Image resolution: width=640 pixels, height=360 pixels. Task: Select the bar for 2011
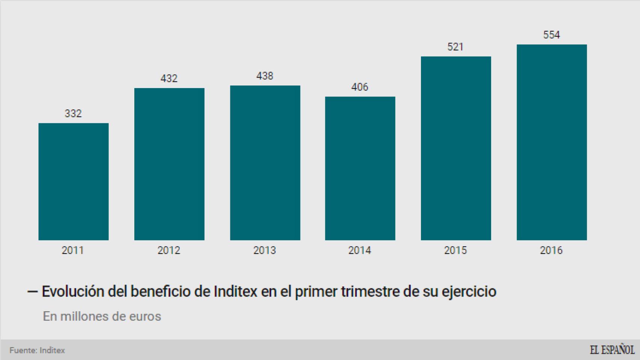(x=74, y=181)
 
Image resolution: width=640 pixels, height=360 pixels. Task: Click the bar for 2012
(x=169, y=164)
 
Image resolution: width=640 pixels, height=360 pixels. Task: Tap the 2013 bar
(x=265, y=163)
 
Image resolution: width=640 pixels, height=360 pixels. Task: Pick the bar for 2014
(x=360, y=168)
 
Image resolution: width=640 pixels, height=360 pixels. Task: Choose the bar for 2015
(x=456, y=148)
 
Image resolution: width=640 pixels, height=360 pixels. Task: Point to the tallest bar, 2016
(x=551, y=142)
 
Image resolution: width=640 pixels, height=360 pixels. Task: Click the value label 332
(x=73, y=113)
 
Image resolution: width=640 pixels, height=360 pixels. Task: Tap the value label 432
(x=169, y=78)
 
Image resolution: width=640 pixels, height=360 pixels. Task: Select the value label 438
(x=265, y=76)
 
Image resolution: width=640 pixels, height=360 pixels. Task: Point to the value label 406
(x=360, y=87)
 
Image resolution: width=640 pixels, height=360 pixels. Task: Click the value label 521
(x=455, y=47)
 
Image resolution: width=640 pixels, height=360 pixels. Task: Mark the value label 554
(x=551, y=35)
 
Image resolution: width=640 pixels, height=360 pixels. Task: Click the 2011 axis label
(x=73, y=250)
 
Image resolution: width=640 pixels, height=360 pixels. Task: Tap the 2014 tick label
(x=360, y=250)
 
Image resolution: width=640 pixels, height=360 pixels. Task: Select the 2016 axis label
(x=551, y=250)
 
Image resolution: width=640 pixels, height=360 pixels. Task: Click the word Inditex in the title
(x=235, y=291)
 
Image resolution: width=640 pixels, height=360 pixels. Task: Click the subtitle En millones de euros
(x=102, y=316)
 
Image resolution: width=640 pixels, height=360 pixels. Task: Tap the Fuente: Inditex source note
(x=38, y=350)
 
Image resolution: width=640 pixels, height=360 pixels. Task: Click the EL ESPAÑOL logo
(x=612, y=350)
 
